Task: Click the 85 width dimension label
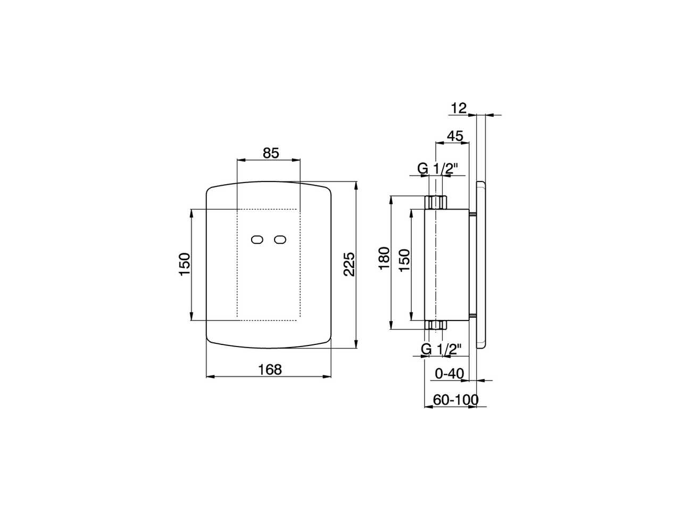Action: click(271, 153)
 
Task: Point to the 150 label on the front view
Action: click(184, 264)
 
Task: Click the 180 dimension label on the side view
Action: click(384, 258)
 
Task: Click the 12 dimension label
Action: click(458, 108)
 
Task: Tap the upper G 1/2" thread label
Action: click(437, 169)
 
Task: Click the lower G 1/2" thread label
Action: click(441, 349)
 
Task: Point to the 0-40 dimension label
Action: click(450, 374)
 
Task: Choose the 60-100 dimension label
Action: click(455, 400)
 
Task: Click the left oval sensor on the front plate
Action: click(258, 240)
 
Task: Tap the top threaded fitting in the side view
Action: click(436, 203)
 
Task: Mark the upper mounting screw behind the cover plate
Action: click(473, 215)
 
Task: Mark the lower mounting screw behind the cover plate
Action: click(473, 318)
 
